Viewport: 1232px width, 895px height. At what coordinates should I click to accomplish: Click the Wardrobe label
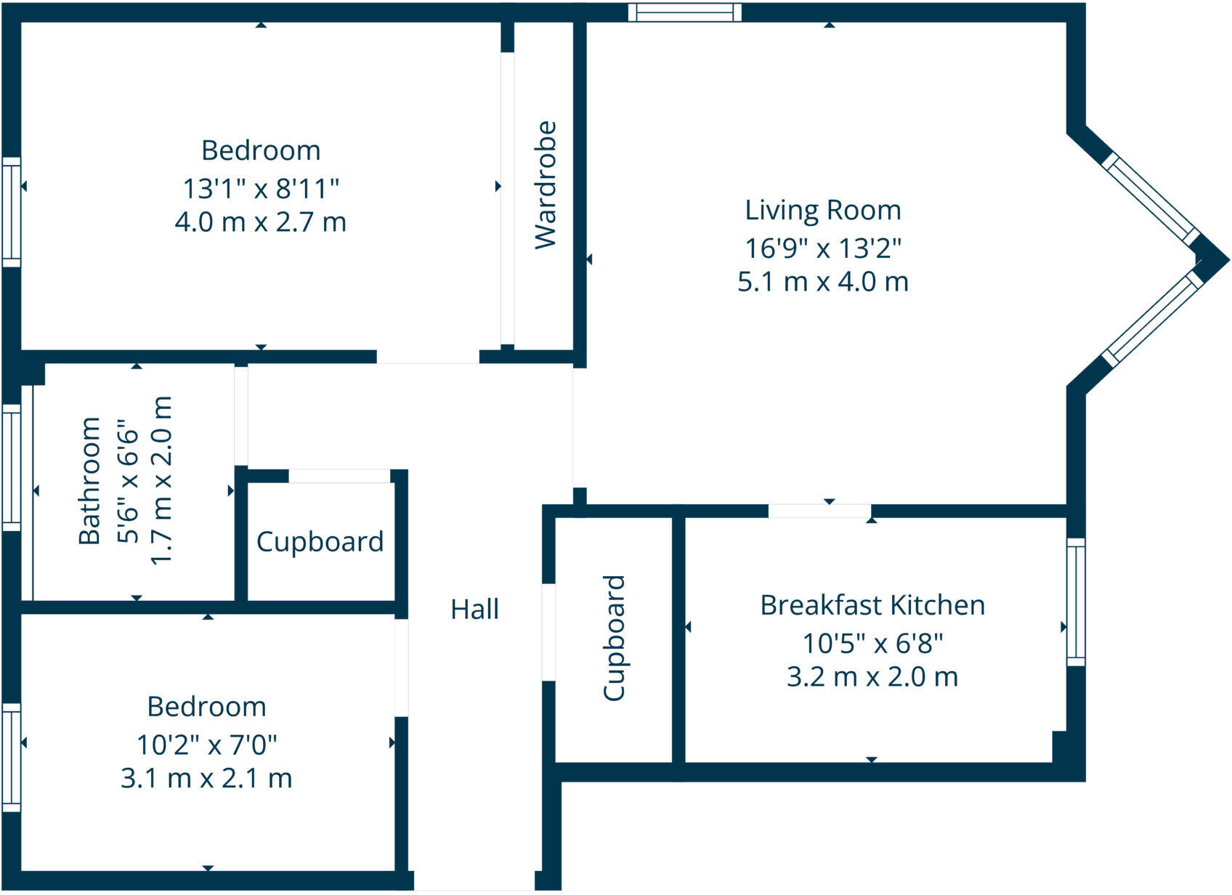[x=545, y=185]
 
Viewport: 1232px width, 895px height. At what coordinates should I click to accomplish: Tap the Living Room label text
[x=823, y=210]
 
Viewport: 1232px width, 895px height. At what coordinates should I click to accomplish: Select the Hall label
[x=474, y=609]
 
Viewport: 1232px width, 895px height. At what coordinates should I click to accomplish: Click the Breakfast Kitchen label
[x=872, y=605]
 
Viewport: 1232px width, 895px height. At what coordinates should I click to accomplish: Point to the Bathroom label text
[x=89, y=481]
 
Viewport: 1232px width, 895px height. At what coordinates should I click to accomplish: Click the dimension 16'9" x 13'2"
[x=823, y=248]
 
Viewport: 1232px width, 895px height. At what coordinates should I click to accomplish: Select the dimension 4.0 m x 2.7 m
[x=260, y=222]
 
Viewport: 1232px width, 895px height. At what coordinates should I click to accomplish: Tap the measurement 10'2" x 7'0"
[x=207, y=745]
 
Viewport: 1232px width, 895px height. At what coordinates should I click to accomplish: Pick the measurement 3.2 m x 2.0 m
[x=872, y=677]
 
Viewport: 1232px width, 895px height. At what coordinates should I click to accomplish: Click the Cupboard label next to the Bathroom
[x=320, y=542]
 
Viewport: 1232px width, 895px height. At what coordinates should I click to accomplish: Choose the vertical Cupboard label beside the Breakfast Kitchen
[x=615, y=638]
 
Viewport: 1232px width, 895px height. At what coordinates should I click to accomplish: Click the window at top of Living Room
[x=684, y=12]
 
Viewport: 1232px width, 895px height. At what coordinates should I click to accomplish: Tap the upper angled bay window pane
[x=1151, y=199]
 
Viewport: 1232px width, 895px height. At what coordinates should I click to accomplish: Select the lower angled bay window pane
[x=1151, y=318]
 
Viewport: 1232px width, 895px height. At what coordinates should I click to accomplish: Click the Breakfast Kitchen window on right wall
[x=1076, y=602]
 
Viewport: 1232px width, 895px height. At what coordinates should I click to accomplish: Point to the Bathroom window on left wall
[x=11, y=466]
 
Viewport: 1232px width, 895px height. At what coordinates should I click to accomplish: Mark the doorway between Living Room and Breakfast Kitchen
[x=819, y=511]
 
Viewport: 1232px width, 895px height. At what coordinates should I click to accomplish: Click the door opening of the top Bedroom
[x=427, y=357]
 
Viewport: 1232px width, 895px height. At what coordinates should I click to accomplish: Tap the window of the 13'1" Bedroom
[x=11, y=211]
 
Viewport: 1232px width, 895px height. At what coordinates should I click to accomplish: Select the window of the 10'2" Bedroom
[x=11, y=756]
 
